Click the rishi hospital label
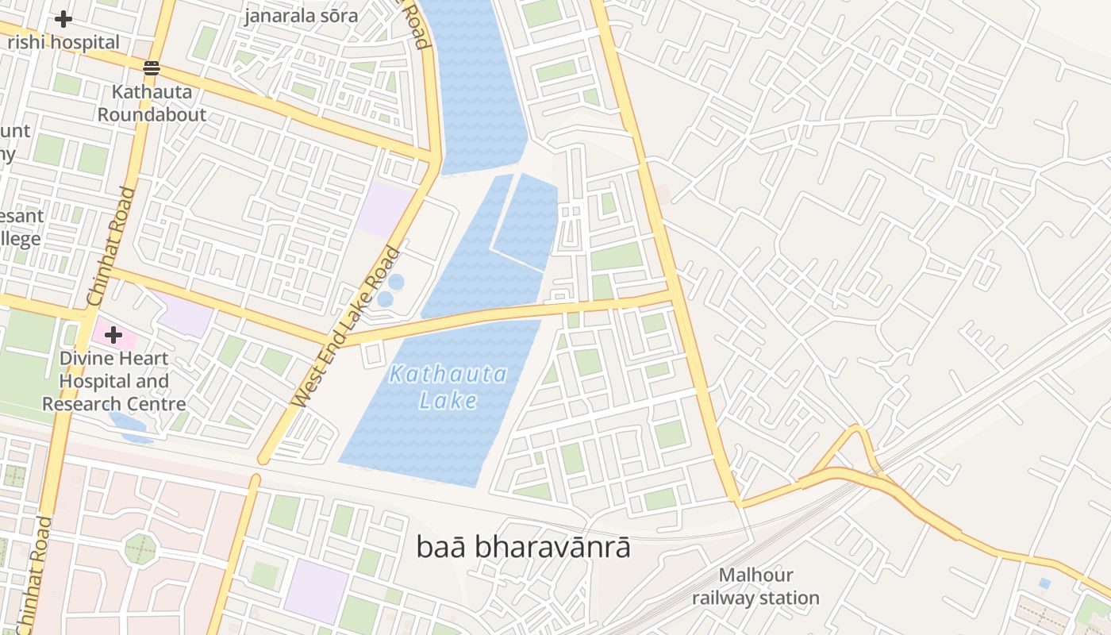(x=63, y=42)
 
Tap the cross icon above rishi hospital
(x=63, y=18)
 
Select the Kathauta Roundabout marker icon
(x=152, y=68)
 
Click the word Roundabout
(x=152, y=114)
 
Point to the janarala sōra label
(x=301, y=16)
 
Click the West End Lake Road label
(x=347, y=327)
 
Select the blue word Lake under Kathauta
(x=448, y=401)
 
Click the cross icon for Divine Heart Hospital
(x=113, y=335)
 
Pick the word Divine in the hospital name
(x=88, y=359)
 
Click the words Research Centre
(x=114, y=404)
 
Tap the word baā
(x=437, y=547)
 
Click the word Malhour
(x=755, y=575)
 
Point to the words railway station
(x=755, y=598)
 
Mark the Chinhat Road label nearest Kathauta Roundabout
(x=106, y=246)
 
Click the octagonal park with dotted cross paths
(x=140, y=548)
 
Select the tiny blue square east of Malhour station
(x=1044, y=583)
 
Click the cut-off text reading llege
(x=19, y=240)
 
